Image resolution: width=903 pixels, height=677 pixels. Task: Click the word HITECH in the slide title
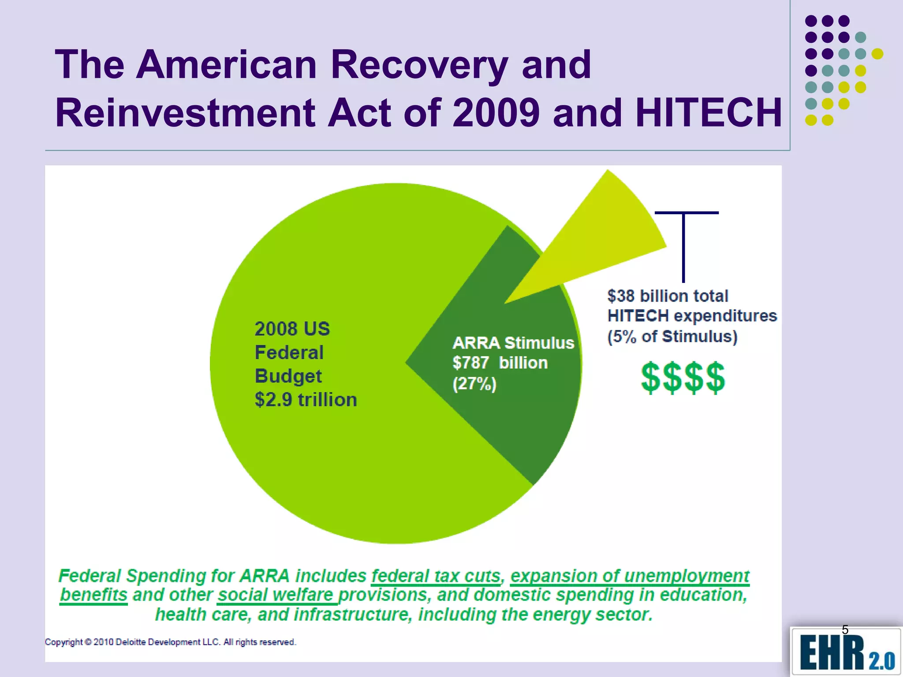pyautogui.click(x=709, y=113)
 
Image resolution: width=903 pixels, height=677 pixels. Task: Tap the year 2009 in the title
pyautogui.click(x=496, y=113)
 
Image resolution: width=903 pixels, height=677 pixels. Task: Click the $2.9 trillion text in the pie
pyautogui.click(x=306, y=400)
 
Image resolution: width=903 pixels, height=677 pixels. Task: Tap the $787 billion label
pyautogui.click(x=500, y=363)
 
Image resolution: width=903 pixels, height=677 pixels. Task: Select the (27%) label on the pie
pyautogui.click(x=474, y=383)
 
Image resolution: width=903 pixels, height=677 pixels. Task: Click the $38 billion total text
pyautogui.click(x=668, y=296)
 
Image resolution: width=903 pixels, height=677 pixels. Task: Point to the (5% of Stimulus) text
pyautogui.click(x=672, y=336)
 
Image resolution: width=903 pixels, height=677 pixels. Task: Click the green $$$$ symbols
pyautogui.click(x=683, y=377)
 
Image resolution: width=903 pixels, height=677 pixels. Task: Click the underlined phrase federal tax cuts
pyautogui.click(x=436, y=576)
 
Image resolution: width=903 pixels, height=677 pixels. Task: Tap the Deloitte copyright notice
pyautogui.click(x=170, y=642)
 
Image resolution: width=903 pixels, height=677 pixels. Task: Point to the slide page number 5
pyautogui.click(x=845, y=630)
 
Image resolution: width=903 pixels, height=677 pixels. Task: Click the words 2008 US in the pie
pyautogui.click(x=292, y=329)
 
